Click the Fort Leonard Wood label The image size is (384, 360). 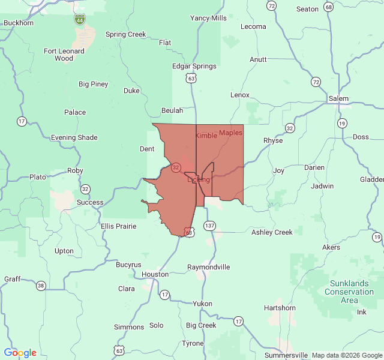64,55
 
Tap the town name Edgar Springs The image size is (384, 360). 194,66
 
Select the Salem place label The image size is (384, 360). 338,98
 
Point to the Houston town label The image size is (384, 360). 155,274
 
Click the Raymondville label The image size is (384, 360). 209,266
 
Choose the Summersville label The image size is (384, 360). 286,355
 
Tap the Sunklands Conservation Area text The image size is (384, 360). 349,292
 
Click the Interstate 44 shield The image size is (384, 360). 80,20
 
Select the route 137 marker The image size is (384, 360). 209,226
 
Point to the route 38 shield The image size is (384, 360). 41,285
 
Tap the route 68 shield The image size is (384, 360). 328,7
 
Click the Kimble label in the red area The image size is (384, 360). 206,136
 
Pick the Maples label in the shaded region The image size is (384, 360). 230,132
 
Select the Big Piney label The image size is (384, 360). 94,84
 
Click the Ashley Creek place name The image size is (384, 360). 272,232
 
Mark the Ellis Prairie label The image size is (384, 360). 119,226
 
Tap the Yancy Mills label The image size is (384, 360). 208,18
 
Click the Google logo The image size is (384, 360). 20,353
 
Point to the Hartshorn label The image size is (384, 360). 280,308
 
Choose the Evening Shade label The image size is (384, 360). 74,137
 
